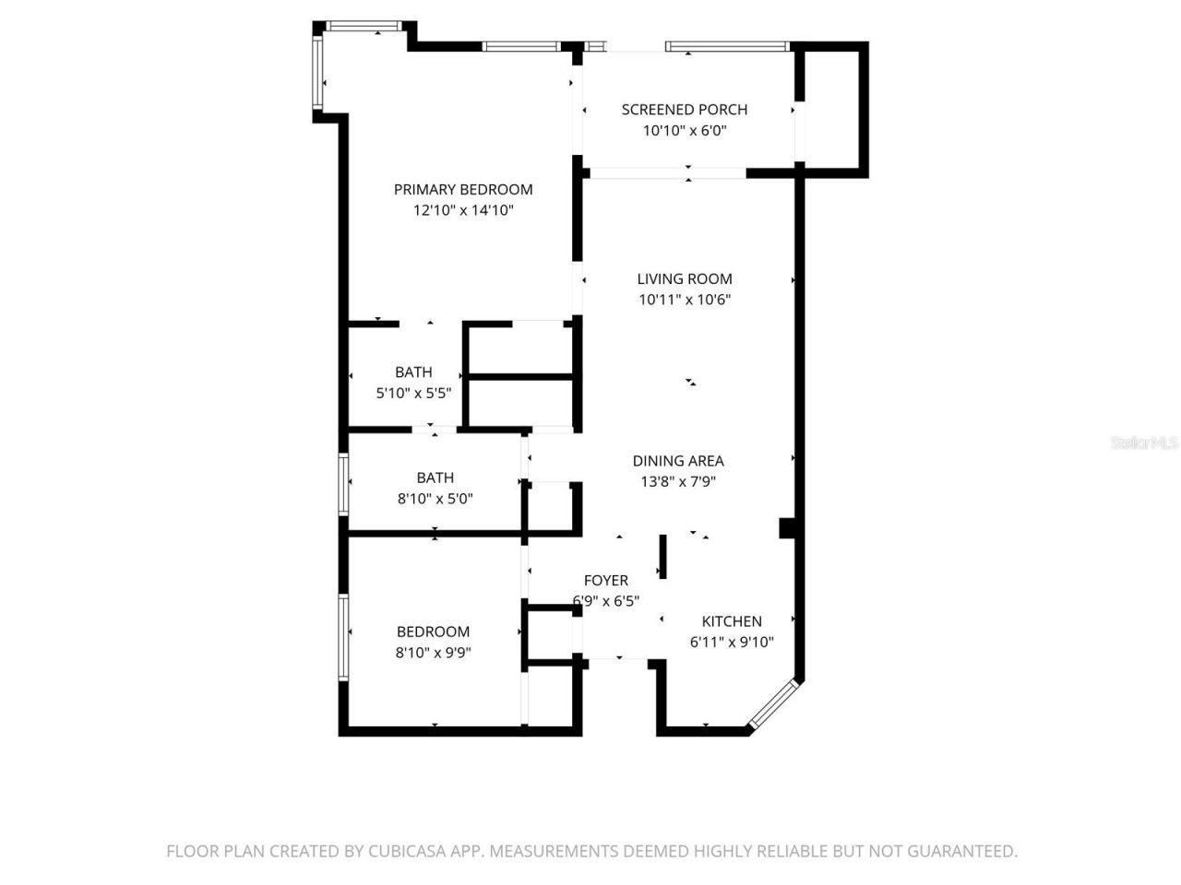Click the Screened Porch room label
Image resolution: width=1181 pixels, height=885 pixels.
pyautogui.click(x=684, y=110)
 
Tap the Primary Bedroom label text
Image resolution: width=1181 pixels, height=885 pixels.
pyautogui.click(x=463, y=190)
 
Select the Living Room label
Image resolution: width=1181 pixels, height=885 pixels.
pyautogui.click(x=685, y=278)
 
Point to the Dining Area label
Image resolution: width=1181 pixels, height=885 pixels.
pyautogui.click(x=678, y=461)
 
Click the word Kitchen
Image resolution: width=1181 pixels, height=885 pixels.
pyautogui.click(x=732, y=621)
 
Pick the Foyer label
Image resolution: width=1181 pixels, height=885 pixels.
pyautogui.click(x=606, y=580)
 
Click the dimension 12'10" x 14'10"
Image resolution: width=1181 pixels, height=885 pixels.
pyautogui.click(x=463, y=211)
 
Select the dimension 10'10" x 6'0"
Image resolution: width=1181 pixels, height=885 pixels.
pyautogui.click(x=685, y=131)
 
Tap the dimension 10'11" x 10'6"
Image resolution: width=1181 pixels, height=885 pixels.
pyautogui.click(x=685, y=300)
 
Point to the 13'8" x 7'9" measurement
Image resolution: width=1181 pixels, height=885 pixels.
pyautogui.click(x=678, y=481)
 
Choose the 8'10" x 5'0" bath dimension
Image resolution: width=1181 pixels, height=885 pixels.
pyautogui.click(x=435, y=499)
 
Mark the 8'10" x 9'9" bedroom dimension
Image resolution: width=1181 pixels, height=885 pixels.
pyautogui.click(x=434, y=653)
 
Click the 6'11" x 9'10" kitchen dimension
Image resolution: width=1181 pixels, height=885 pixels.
pyautogui.click(x=732, y=643)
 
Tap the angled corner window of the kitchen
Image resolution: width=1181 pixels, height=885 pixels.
pyautogui.click(x=773, y=705)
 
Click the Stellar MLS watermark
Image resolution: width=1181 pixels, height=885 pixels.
pyautogui.click(x=1144, y=443)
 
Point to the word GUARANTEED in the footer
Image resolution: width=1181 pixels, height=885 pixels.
pyautogui.click(x=962, y=851)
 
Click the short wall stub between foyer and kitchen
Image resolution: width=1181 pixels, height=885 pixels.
pyautogui.click(x=662, y=557)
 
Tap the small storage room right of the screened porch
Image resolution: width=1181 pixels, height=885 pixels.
pyautogui.click(x=832, y=108)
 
